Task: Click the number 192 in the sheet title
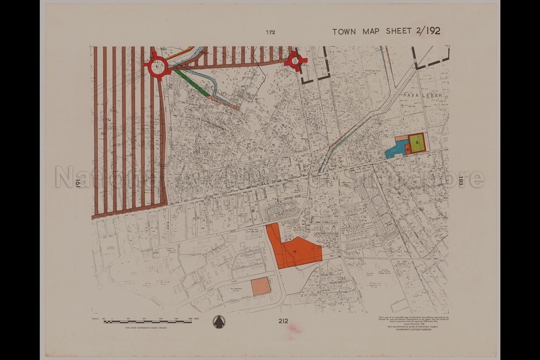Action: [x=432, y=31]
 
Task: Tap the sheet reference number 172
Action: [x=270, y=32]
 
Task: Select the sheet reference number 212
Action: [x=283, y=321]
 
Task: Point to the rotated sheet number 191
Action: [x=78, y=184]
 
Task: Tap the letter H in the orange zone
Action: [x=295, y=252]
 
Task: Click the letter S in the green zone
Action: [x=417, y=142]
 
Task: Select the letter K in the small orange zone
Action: [x=407, y=150]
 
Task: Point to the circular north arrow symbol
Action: [x=219, y=321]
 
